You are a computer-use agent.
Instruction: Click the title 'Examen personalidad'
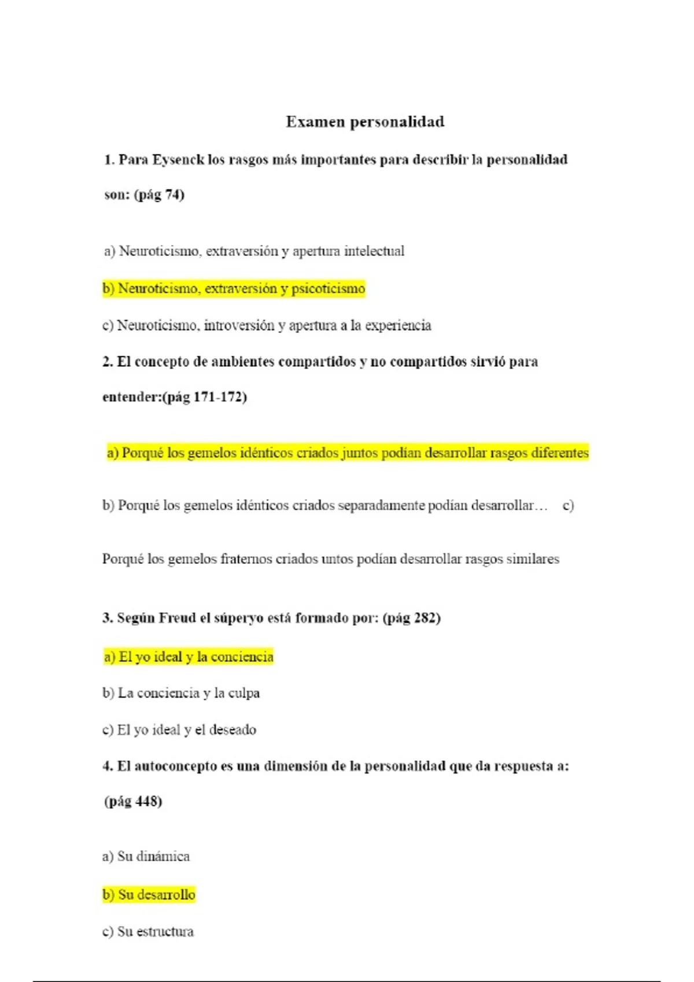pos(365,122)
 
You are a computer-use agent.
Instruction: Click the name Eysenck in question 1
pos(178,160)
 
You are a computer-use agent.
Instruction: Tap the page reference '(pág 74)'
pos(159,195)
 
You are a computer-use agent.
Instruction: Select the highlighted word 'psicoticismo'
pos(328,289)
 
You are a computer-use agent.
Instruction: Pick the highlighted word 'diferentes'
pos(559,453)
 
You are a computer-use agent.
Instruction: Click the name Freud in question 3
pos(178,618)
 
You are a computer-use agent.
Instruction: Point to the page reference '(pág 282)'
pos(411,618)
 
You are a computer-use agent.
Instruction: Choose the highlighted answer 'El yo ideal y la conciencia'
pos(189,657)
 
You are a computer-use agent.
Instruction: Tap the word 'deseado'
pos(232,730)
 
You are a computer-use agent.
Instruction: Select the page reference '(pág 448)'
pos(133,802)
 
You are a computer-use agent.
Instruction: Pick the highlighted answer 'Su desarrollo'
pos(149,895)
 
